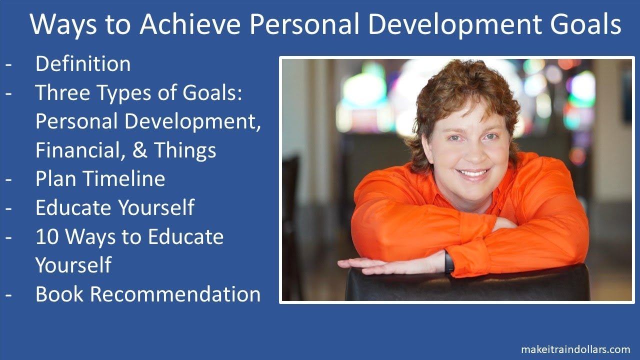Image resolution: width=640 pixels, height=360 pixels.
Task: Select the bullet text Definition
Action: pos(83,63)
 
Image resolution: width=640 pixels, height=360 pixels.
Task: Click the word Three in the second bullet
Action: pos(63,92)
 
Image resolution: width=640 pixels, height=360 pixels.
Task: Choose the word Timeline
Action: pos(125,179)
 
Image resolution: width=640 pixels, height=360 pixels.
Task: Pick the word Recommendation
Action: pos(175,294)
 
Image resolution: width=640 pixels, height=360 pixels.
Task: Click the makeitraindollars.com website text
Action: pos(575,349)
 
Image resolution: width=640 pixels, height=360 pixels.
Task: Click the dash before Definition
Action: pos(8,65)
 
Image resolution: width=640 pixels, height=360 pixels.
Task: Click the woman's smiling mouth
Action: pos(472,173)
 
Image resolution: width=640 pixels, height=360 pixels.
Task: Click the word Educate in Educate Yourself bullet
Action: pos(73,207)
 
